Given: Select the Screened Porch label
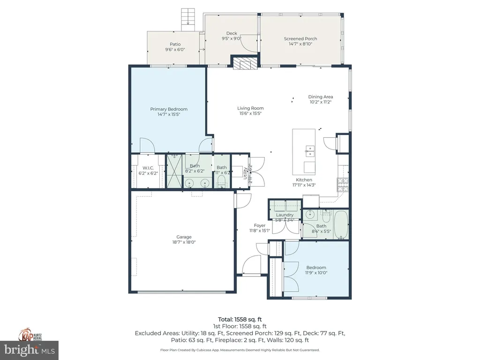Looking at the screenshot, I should click(x=300, y=39).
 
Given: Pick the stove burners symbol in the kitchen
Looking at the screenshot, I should click(x=343, y=184).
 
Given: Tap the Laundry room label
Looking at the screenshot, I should click(x=285, y=215).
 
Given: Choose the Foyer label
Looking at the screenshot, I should click(x=260, y=225).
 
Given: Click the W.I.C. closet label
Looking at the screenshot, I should click(x=149, y=168).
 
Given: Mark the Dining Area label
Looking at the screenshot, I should click(x=321, y=97).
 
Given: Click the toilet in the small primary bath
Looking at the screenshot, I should click(x=222, y=181).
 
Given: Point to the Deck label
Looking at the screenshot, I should click(x=232, y=33).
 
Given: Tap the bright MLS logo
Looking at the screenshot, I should click(x=30, y=349).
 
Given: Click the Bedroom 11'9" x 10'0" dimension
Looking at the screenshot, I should click(x=316, y=272).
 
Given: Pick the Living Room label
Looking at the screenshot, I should click(x=250, y=108).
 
